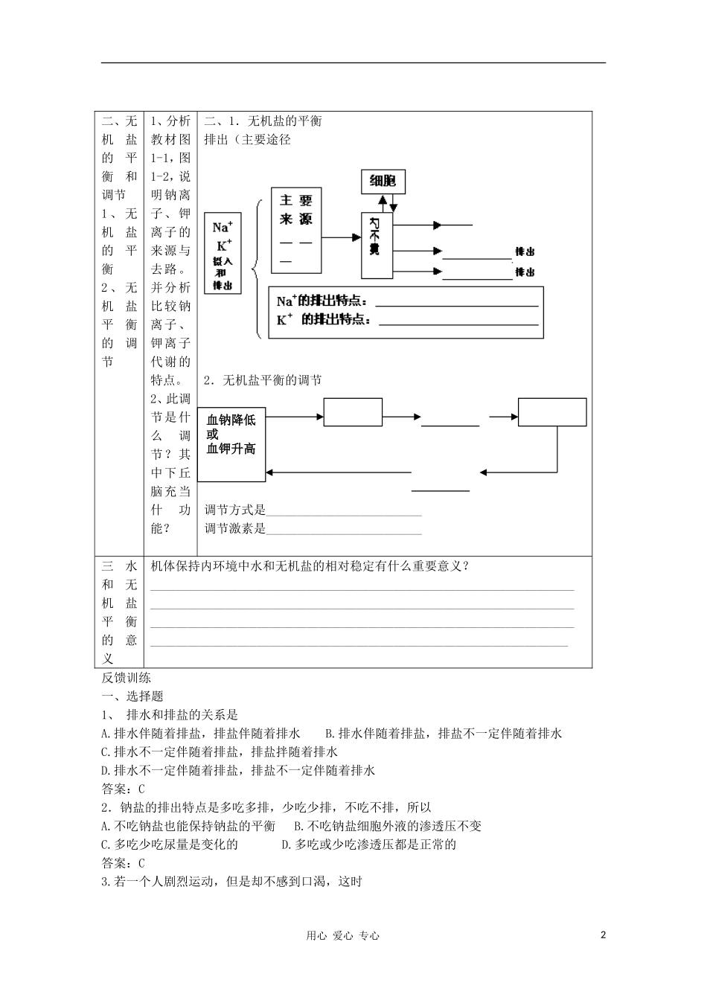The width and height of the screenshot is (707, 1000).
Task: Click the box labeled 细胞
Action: click(383, 181)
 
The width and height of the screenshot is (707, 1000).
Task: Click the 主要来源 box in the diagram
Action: click(295, 229)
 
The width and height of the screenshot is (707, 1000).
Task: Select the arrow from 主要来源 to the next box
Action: click(342, 238)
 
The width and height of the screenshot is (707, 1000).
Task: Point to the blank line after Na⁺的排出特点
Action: click(458, 304)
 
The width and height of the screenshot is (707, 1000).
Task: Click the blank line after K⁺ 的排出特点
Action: click(458, 323)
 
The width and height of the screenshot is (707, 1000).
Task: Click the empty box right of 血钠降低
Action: click(353, 412)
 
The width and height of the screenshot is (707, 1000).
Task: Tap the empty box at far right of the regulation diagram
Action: click(552, 412)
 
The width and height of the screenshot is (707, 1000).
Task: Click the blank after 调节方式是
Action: click(344, 513)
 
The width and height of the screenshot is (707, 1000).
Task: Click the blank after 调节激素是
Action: click(344, 531)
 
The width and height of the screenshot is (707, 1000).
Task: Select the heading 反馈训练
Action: click(126, 678)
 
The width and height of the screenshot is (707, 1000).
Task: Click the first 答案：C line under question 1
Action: click(123, 789)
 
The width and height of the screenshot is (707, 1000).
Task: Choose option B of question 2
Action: click(388, 826)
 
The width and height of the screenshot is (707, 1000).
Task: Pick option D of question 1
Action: click(238, 770)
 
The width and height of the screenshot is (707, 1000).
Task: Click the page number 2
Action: click(604, 935)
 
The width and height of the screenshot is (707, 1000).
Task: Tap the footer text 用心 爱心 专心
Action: click(342, 936)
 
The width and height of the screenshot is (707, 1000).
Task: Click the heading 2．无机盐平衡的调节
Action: click(263, 380)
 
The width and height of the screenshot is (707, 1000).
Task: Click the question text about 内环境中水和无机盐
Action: click(310, 565)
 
